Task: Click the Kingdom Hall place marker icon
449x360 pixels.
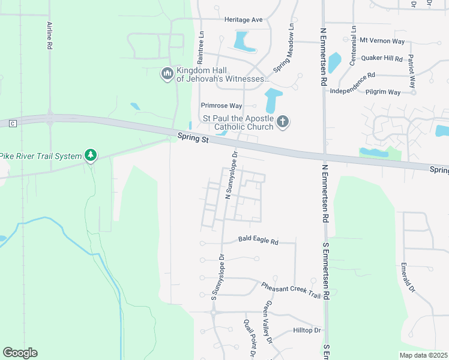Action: click(167, 74)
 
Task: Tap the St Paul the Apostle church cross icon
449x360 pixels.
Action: click(283, 122)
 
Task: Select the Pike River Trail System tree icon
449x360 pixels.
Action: click(91, 156)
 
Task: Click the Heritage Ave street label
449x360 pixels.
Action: click(244, 20)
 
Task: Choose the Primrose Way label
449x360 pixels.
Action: click(221, 106)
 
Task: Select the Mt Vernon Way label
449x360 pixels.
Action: click(382, 41)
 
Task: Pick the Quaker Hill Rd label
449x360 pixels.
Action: click(381, 58)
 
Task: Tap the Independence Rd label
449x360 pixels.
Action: click(353, 76)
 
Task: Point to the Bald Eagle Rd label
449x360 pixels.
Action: click(258, 242)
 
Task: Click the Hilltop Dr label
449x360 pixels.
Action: click(307, 330)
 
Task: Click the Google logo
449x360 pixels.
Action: click(20, 353)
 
